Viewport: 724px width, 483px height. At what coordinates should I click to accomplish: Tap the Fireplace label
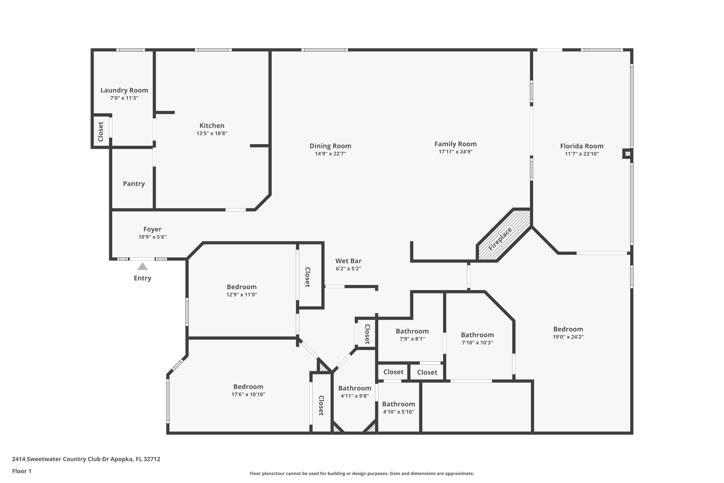coord(500,239)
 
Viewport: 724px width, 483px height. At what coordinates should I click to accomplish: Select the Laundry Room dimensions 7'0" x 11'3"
coord(124,98)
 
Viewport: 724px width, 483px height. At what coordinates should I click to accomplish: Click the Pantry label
coord(134,184)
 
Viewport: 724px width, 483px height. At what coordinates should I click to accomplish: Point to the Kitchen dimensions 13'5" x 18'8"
coord(212,133)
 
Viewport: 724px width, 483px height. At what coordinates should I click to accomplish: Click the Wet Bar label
coord(348,261)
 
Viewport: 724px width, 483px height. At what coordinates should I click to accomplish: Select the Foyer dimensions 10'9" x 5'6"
coord(152,237)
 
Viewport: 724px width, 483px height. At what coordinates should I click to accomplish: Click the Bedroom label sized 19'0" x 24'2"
coord(568,329)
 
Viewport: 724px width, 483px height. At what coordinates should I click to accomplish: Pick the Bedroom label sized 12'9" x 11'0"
coord(242,287)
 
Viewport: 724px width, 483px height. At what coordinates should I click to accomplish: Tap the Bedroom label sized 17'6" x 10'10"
coord(248,387)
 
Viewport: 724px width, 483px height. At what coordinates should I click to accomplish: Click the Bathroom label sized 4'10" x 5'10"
coord(398,404)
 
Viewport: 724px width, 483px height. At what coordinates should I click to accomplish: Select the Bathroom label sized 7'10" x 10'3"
coord(477,335)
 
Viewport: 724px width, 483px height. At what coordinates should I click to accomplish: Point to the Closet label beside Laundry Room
coord(101,132)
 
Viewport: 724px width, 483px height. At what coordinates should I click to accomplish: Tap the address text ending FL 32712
coord(86,459)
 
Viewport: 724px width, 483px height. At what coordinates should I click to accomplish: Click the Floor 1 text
coord(21,471)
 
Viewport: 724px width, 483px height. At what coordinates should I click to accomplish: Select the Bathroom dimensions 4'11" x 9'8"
coord(354,396)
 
